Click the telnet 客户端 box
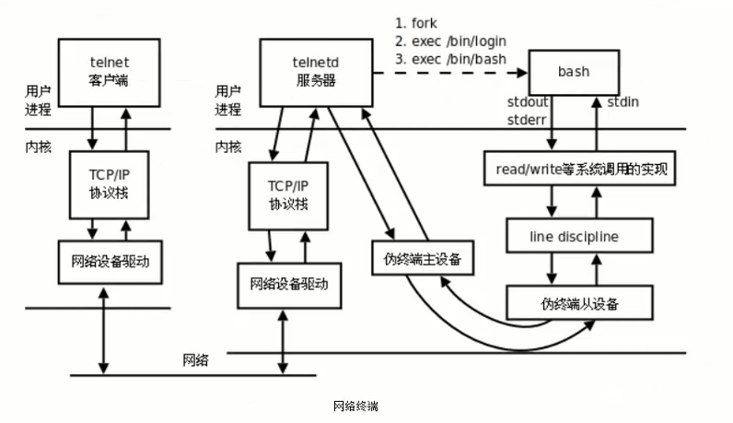109,71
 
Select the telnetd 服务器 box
316,70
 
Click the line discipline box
579,236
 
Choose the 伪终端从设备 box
579,303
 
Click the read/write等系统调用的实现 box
580,170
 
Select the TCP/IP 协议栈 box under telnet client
109,184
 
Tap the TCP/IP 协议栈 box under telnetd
288,195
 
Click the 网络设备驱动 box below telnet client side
115,261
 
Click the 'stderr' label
529,119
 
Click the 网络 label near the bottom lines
195,360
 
